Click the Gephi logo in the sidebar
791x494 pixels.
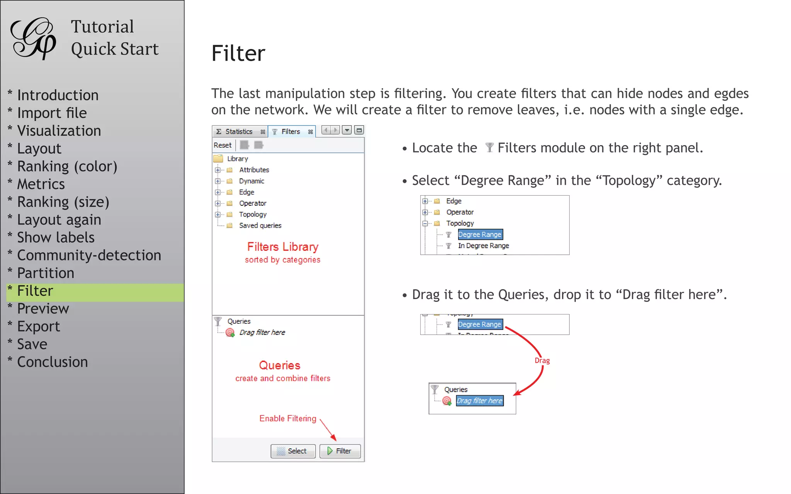coord(33,39)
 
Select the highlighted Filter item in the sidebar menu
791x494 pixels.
coord(35,291)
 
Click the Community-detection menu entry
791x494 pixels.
coord(89,255)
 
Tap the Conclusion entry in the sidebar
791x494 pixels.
coord(53,362)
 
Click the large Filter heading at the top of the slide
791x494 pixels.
coord(238,53)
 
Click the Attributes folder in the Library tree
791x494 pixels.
coord(254,170)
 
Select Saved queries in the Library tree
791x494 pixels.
coord(260,225)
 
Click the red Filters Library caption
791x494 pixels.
coord(283,247)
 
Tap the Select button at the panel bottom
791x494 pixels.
coord(293,451)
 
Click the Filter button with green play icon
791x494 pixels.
coord(340,451)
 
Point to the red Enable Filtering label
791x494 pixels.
coord(288,418)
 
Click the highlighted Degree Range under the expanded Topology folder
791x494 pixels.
coord(480,234)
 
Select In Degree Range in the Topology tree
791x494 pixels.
coord(483,245)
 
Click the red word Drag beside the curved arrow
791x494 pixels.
coord(542,360)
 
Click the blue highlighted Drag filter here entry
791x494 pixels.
coord(479,401)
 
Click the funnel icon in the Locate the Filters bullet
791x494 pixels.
coord(489,147)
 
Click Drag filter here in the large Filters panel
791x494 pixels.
coord(262,332)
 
